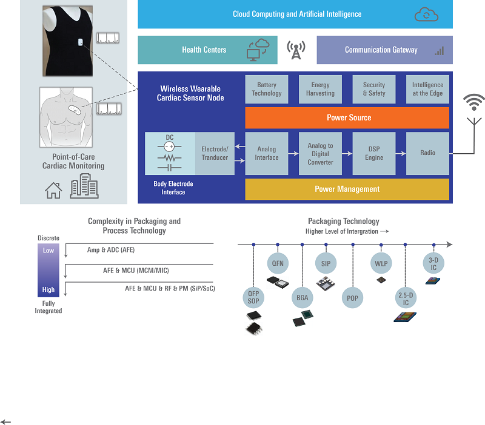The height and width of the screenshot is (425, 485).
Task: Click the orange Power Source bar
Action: click(347, 117)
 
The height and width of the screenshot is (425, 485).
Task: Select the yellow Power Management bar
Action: click(347, 189)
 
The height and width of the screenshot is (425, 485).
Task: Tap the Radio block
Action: click(427, 153)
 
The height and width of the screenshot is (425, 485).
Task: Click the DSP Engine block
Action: click(374, 153)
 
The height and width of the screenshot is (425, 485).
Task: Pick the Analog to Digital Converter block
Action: click(320, 153)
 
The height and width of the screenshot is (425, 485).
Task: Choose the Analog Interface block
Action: click(267, 153)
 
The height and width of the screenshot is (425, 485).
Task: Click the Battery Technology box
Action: click(267, 90)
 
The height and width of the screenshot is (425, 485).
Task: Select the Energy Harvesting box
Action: click(320, 90)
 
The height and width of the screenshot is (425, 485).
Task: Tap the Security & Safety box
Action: click(374, 90)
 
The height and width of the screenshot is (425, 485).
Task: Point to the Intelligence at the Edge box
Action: click(427, 90)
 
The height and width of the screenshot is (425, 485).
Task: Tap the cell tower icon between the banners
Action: click(296, 50)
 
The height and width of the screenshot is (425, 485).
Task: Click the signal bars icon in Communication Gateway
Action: click(439, 51)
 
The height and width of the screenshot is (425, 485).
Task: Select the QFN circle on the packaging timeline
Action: click(278, 264)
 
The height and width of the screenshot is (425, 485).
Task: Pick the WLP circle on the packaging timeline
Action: click(381, 264)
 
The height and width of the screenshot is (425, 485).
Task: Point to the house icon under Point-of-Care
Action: click(53, 190)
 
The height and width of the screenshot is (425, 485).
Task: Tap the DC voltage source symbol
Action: click(170, 147)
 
